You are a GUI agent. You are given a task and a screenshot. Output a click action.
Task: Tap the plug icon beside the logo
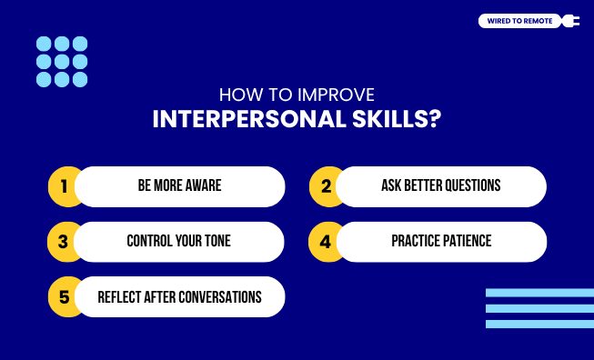[570, 21]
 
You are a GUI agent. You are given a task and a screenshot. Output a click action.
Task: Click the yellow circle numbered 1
[64, 186]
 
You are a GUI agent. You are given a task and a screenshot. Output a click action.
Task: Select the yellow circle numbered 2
[326, 186]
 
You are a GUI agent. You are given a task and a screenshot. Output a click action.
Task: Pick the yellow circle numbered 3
[63, 242]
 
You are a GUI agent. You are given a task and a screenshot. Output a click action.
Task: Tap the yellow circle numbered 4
[326, 242]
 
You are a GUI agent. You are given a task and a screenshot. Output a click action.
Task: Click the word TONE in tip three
[216, 242]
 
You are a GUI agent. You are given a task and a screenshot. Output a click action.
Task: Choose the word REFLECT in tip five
[122, 297]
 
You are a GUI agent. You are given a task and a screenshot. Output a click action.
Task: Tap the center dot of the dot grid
[62, 62]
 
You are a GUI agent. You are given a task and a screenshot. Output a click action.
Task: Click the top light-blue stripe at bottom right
[539, 293]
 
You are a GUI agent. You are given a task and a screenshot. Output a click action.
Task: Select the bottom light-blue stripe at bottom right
[539, 324]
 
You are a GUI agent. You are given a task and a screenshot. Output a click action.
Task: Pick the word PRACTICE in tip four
[416, 242]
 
